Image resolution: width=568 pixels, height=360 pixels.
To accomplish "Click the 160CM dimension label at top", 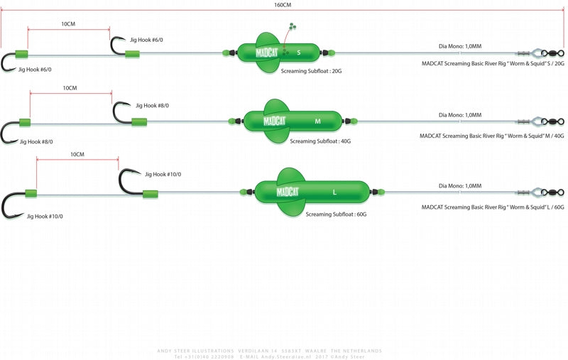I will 282,5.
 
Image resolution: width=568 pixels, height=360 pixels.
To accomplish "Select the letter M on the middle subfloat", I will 317,121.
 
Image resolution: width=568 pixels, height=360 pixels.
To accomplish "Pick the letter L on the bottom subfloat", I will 334,192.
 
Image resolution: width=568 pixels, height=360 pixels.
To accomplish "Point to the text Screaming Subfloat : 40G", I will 320,141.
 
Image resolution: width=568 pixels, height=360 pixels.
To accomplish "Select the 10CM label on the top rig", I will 68,24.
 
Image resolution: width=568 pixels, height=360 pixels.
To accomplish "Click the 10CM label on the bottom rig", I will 77,154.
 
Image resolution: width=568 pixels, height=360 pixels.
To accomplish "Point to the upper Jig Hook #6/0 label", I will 151,40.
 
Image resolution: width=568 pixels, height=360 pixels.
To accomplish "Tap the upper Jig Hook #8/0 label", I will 152,106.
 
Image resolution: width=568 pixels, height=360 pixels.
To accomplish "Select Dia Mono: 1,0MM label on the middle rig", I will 460,115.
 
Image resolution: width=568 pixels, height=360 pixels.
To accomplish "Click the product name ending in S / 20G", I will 492,64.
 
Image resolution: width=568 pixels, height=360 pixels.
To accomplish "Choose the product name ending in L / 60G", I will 492,207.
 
